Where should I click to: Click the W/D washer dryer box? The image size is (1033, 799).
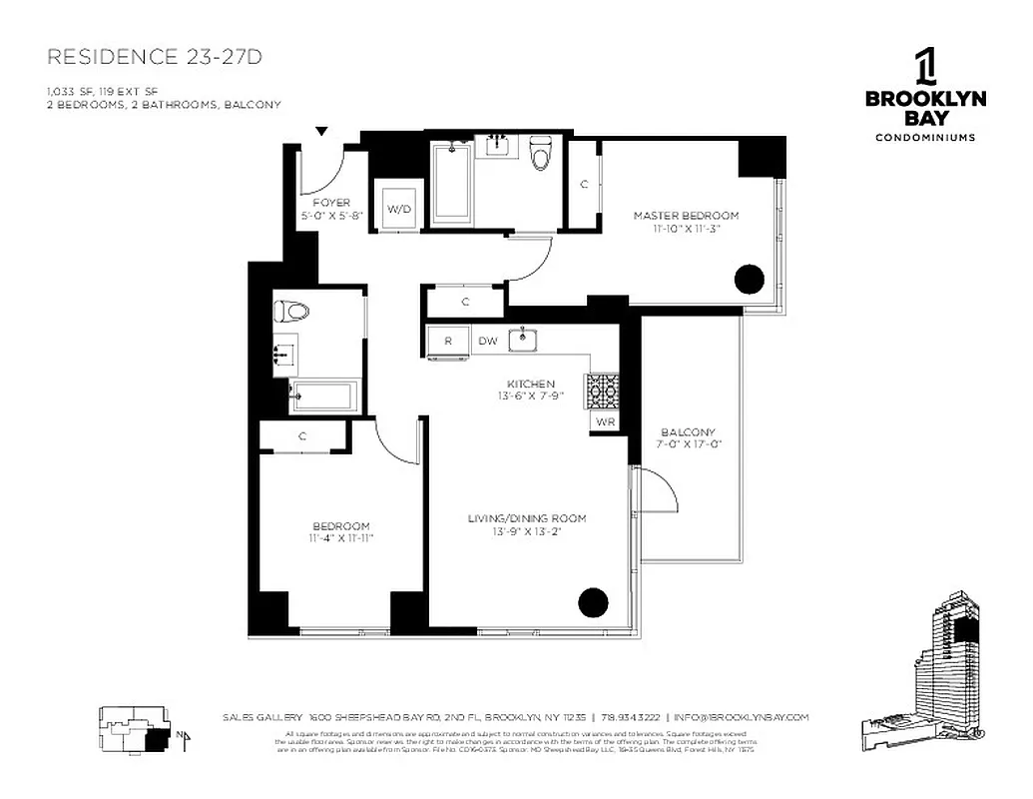point(398,208)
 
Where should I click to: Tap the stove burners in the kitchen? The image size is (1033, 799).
point(603,391)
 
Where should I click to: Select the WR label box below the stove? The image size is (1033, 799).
point(605,422)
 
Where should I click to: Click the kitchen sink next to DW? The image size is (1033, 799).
point(523,340)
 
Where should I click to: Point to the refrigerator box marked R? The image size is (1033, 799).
point(448,341)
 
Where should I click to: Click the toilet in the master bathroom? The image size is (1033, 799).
point(541,154)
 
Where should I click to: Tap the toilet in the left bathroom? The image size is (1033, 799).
point(294,312)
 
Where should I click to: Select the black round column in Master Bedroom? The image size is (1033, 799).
point(750,280)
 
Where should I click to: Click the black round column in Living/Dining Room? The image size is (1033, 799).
point(592,601)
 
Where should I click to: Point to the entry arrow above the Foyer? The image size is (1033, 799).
point(321,131)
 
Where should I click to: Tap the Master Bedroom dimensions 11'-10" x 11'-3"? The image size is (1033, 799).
point(686,229)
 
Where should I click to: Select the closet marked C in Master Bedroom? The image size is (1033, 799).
point(584,183)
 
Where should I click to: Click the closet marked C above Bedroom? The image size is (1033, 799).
point(302,435)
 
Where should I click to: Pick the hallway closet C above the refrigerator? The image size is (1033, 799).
point(465,301)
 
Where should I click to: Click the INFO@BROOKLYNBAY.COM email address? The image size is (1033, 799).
point(741,717)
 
